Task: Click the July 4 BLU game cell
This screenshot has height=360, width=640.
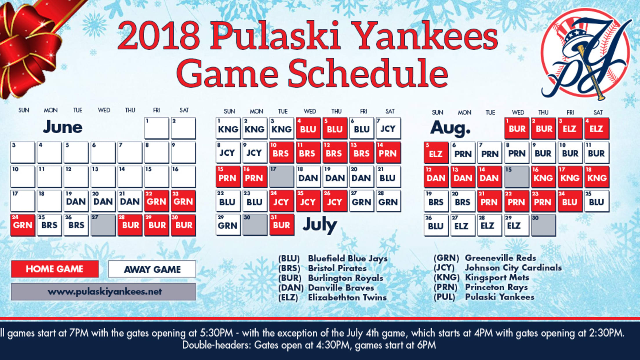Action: pos(308,128)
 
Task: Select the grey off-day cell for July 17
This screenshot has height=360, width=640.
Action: pos(281,176)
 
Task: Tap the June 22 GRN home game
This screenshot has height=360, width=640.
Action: pos(157,201)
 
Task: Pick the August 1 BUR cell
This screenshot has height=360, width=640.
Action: pos(517,128)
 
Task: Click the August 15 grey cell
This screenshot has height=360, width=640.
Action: pos(517,177)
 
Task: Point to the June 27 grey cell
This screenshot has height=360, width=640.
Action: pos(103,225)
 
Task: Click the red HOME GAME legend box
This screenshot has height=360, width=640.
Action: pos(55,269)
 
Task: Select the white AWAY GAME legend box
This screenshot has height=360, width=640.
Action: pos(152,269)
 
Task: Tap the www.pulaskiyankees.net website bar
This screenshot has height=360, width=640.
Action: pos(103,292)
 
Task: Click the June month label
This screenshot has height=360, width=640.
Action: pos(63,127)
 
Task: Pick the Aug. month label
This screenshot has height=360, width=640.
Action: pos(450,128)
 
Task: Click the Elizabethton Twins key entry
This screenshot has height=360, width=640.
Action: pos(332,298)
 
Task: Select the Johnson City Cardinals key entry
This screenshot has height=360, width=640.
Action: pos(498,268)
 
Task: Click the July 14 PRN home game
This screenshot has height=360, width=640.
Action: pos(388,152)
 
